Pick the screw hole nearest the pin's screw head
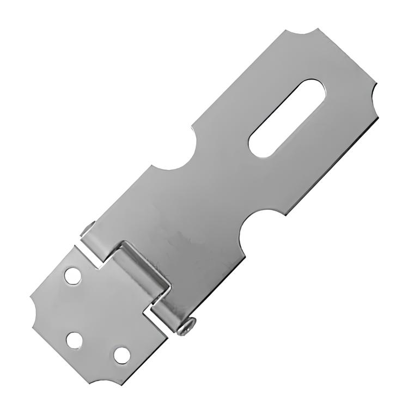pos(122,355)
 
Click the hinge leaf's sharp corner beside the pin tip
pos(75,246)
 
